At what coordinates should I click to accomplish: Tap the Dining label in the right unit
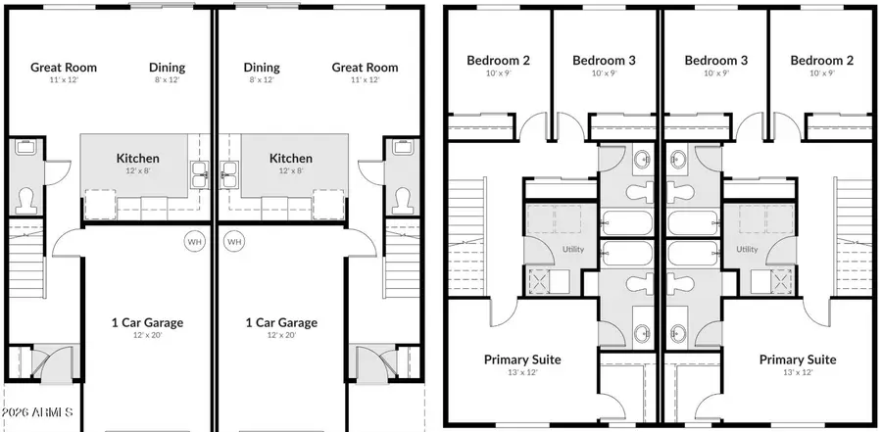(261, 68)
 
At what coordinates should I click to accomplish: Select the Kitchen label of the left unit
(137, 158)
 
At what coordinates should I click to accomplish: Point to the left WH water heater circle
(193, 240)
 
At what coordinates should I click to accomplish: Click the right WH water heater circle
(234, 240)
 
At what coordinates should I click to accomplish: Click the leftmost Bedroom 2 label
(498, 60)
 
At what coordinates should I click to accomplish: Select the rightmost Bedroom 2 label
(821, 60)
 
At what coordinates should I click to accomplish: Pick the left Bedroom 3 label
(604, 60)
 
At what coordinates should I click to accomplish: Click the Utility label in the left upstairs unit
(573, 250)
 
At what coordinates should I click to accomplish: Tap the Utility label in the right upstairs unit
(747, 250)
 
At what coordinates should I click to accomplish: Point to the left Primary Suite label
(522, 360)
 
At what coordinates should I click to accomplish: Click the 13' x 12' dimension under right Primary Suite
(798, 372)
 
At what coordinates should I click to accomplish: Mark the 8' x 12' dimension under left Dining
(167, 80)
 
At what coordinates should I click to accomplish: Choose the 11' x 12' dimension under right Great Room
(365, 80)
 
